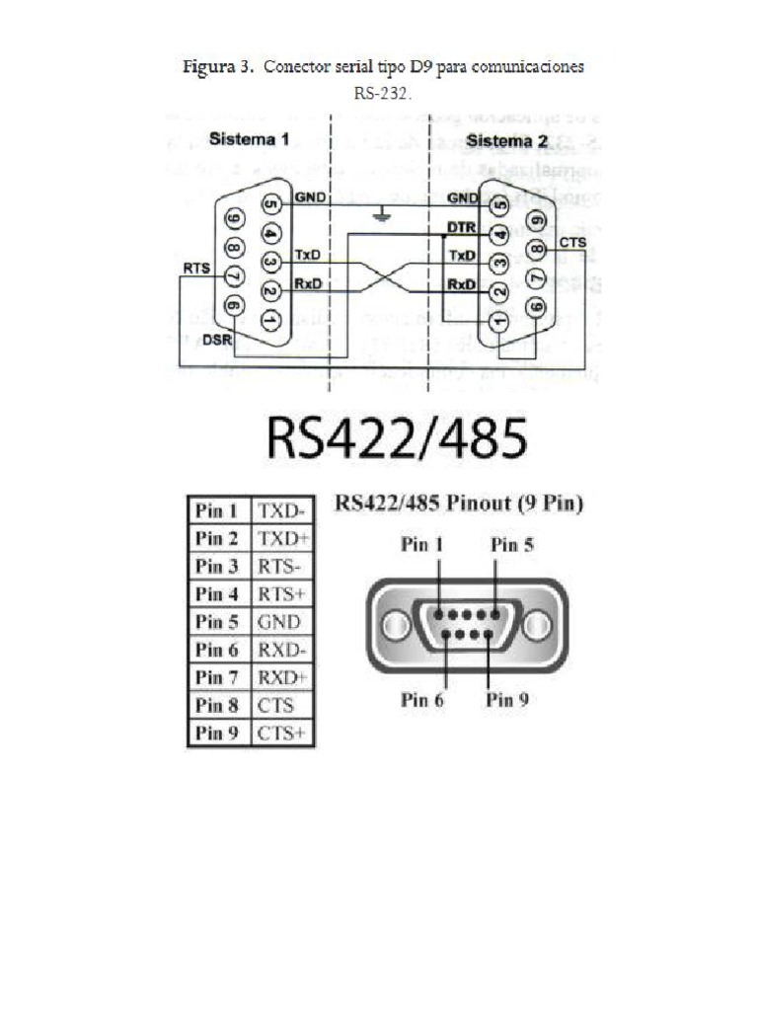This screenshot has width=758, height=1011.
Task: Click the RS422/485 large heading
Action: point(396,439)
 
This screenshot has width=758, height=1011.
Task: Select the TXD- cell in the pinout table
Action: point(280,510)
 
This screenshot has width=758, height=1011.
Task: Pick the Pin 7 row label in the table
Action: point(217,677)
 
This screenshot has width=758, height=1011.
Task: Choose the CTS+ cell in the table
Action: point(281,734)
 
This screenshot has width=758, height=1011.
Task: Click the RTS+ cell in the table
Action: point(280,594)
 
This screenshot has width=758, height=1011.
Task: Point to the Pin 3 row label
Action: point(217,566)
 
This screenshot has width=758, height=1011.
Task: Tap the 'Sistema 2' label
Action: point(507,140)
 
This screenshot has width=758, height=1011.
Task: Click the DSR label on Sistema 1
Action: point(217,340)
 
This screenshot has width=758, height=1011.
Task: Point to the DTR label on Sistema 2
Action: point(461,227)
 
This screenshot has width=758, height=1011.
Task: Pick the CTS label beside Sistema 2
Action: point(571,241)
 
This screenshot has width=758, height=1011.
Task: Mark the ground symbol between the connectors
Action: point(380,214)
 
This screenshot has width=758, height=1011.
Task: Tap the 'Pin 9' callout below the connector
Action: point(507,700)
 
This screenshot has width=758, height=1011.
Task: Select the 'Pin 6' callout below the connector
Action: point(422,700)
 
